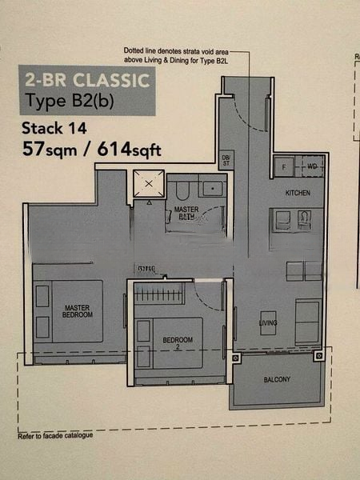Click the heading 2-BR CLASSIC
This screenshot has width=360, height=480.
coord(86,80)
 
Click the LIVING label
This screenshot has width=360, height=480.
coord(267,322)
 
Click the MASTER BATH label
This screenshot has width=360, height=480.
coord(187,212)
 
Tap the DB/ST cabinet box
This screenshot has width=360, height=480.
coord(226,159)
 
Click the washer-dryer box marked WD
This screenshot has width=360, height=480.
coord(310,166)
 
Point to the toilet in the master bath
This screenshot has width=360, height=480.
coord(182,190)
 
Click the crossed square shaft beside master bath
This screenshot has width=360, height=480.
coord(148,186)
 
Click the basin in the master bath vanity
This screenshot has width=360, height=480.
coord(213,189)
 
